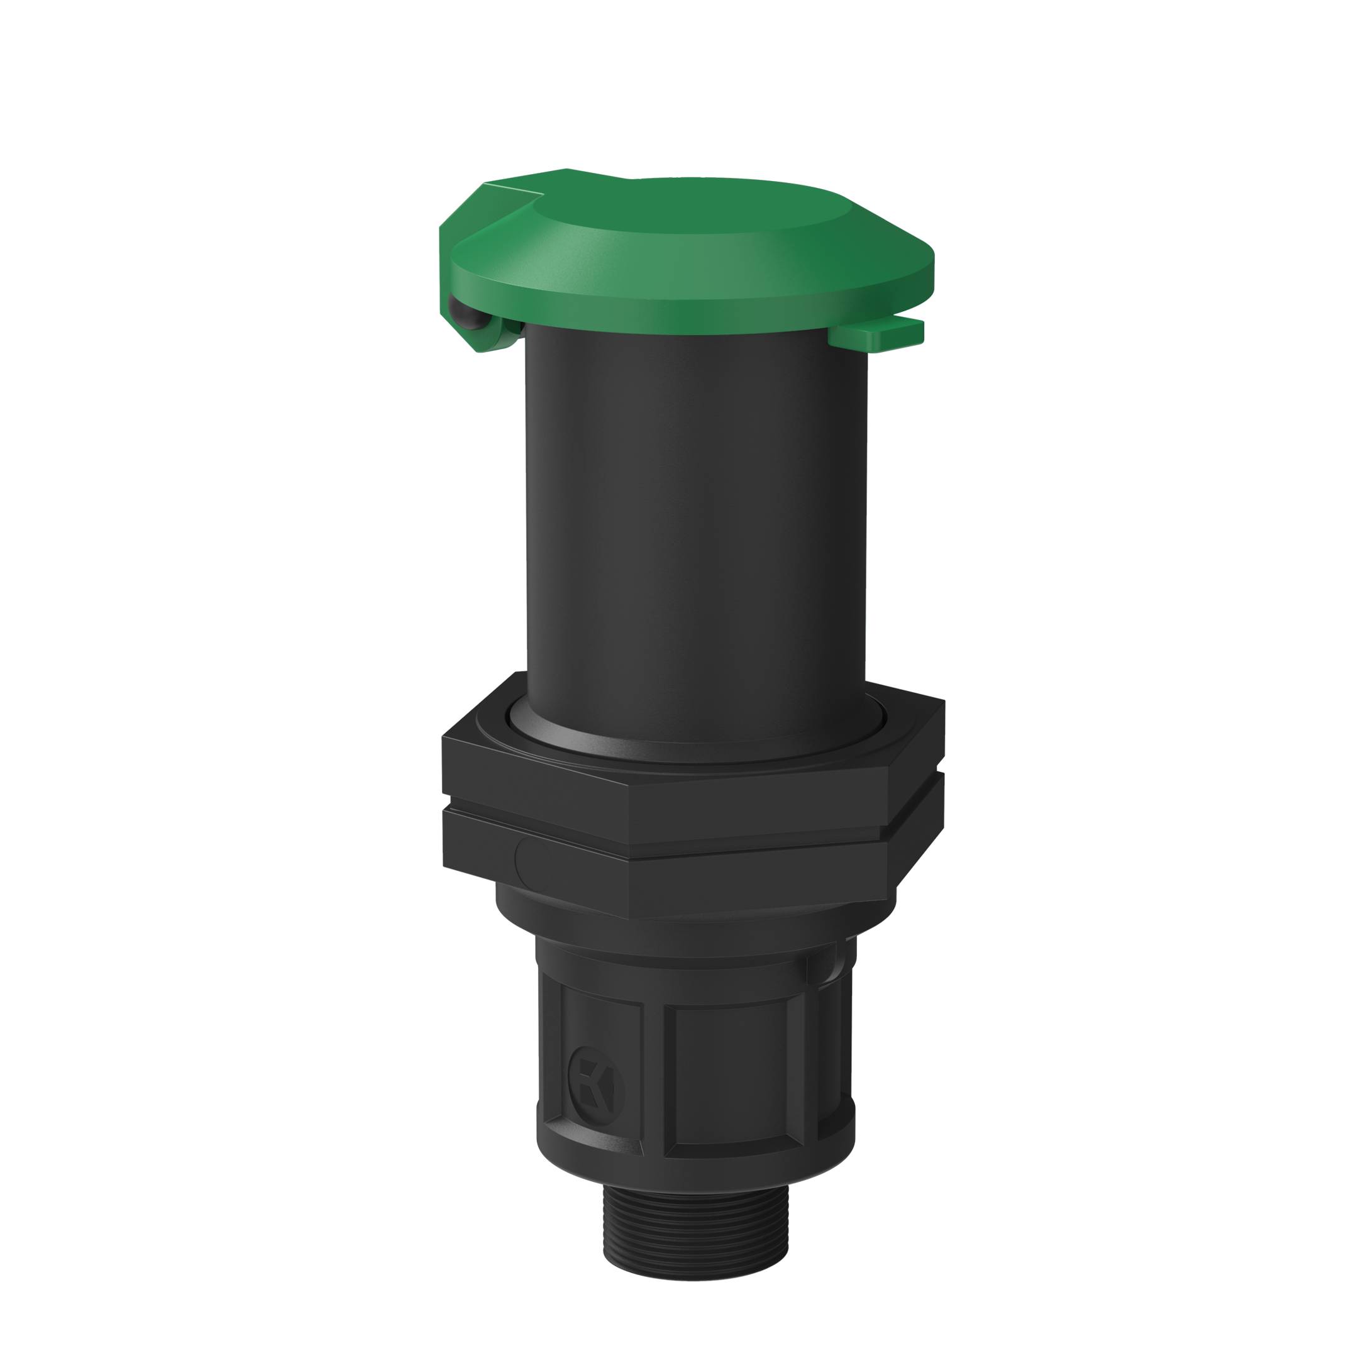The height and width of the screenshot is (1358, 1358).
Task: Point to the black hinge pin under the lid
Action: point(467,317)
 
